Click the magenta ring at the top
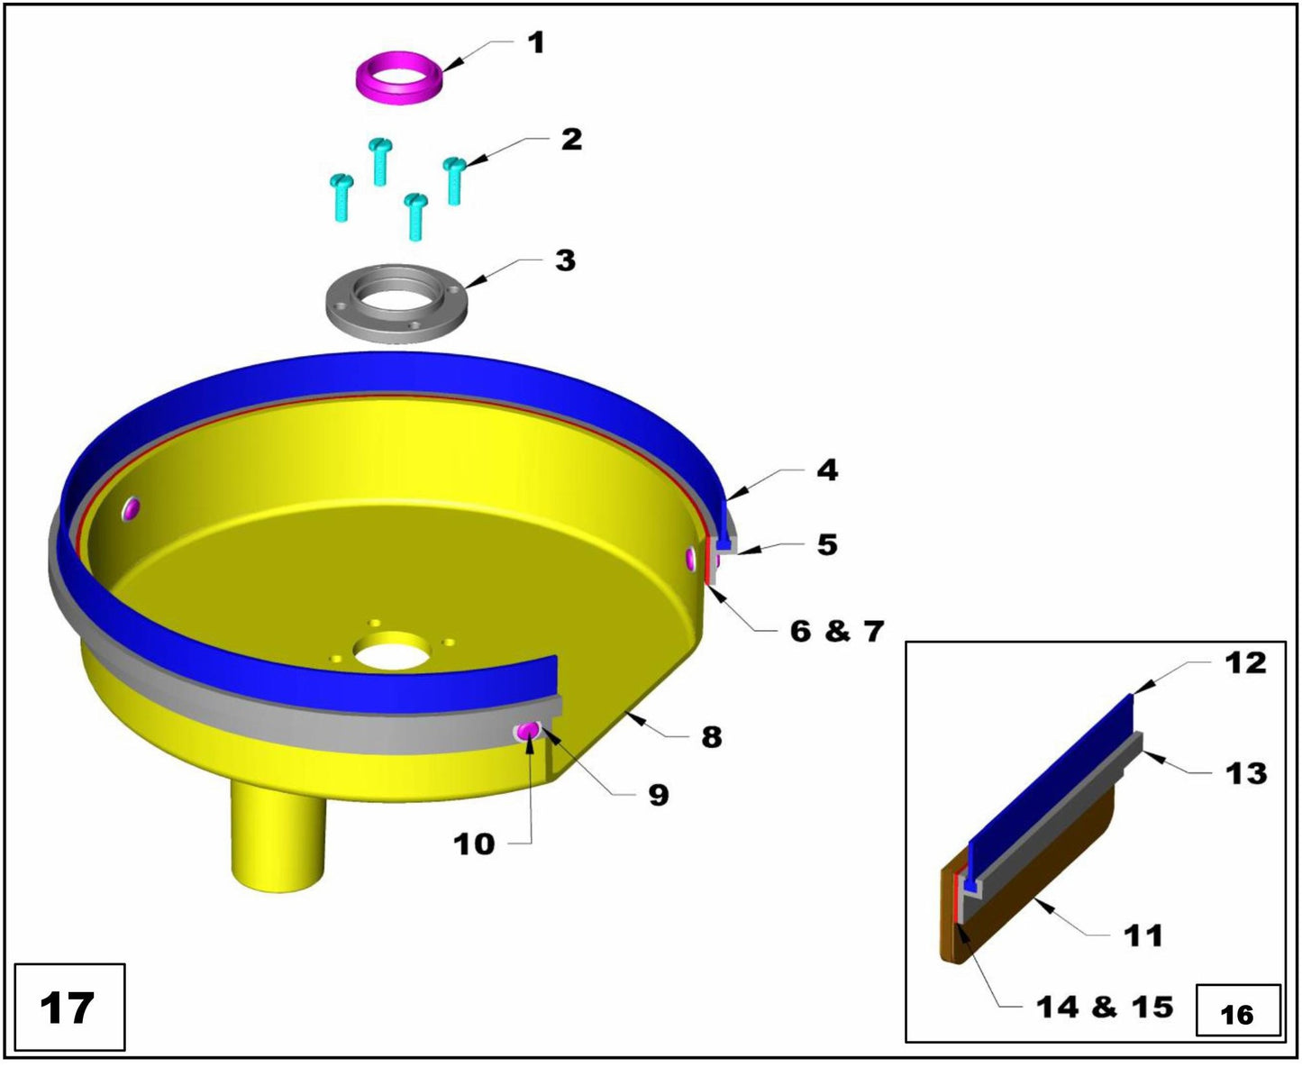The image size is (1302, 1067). click(397, 78)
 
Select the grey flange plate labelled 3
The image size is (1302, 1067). click(396, 303)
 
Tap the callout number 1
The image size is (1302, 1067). click(536, 42)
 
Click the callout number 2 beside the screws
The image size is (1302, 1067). click(571, 140)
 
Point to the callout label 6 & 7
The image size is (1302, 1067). click(837, 631)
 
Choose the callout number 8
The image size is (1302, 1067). click(712, 737)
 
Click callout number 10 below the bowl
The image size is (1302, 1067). click(474, 844)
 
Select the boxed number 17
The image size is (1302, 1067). click(68, 1008)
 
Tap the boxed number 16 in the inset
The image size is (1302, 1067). click(1237, 1015)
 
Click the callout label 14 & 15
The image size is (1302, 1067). click(1105, 1007)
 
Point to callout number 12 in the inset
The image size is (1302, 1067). click(1245, 663)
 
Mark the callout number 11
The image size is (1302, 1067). click(1143, 935)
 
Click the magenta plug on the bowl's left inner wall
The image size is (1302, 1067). click(132, 509)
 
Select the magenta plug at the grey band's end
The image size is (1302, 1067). click(527, 729)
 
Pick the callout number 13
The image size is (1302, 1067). click(1246, 773)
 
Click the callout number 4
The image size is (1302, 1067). click(827, 470)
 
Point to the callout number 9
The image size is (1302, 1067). click(659, 795)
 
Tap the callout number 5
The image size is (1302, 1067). click(827, 545)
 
